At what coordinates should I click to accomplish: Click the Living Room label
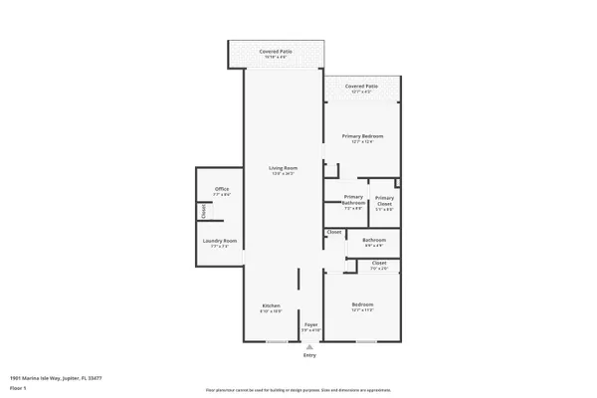pyautogui.click(x=283, y=168)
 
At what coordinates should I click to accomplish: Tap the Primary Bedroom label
pyautogui.click(x=362, y=136)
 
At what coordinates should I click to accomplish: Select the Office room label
pyautogui.click(x=223, y=189)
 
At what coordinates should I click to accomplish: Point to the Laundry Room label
pyautogui.click(x=219, y=241)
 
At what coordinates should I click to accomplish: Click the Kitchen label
pyautogui.click(x=271, y=304)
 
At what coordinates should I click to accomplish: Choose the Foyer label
pyautogui.click(x=310, y=324)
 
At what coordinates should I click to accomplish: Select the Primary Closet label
pyautogui.click(x=384, y=201)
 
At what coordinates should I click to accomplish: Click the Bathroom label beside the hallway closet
pyautogui.click(x=374, y=240)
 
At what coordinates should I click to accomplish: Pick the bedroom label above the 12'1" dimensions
pyautogui.click(x=362, y=303)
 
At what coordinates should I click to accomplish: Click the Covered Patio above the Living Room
pyautogui.click(x=276, y=51)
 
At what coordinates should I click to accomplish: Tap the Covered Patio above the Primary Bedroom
pyautogui.click(x=361, y=87)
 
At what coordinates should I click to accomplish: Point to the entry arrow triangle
pyautogui.click(x=309, y=346)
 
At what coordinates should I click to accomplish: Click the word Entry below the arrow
pyautogui.click(x=309, y=355)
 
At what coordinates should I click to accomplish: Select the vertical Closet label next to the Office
pyautogui.click(x=203, y=211)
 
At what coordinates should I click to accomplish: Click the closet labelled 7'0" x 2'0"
pyautogui.click(x=378, y=265)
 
